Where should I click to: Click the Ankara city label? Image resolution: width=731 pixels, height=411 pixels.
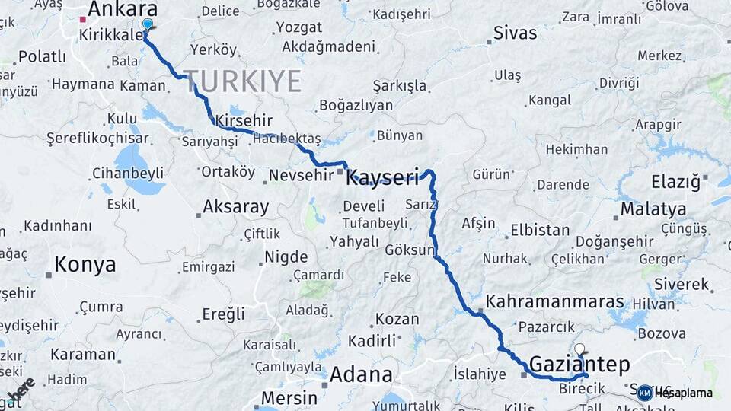click(123, 9)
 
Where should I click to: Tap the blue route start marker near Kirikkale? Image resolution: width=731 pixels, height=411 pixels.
click(147, 24)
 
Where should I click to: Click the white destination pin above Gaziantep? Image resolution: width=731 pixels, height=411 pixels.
click(580, 349)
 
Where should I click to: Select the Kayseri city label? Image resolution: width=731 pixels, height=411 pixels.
click(382, 179)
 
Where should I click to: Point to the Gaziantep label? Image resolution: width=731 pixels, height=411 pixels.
click(579, 365)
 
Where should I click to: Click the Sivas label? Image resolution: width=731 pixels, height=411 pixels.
click(515, 33)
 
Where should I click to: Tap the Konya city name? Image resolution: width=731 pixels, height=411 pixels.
click(85, 265)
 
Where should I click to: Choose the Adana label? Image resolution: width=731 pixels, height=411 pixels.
click(361, 374)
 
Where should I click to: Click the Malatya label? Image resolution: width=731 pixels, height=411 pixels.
click(653, 209)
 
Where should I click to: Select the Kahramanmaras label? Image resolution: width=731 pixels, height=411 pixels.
click(554, 301)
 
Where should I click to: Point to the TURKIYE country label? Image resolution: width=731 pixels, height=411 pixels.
click(242, 81)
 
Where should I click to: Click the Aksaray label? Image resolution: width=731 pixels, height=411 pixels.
click(235, 207)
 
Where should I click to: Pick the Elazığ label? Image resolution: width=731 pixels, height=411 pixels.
click(675, 182)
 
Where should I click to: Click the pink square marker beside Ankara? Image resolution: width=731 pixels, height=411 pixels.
click(82, 19)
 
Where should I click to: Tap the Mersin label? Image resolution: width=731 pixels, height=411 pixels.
click(289, 398)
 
